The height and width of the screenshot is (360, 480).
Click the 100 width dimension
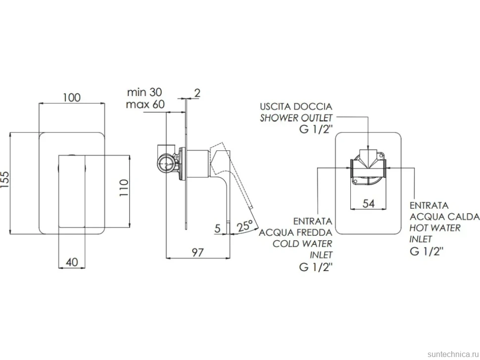pyautogui.click(x=72, y=97)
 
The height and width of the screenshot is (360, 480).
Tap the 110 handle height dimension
pyautogui.click(x=124, y=188)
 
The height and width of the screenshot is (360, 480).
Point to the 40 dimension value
pyautogui.click(x=72, y=262)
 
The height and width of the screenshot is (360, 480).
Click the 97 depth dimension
pyautogui.click(x=197, y=252)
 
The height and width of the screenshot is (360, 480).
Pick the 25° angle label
pyautogui.click(x=245, y=226)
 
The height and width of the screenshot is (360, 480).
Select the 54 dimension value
pyautogui.click(x=369, y=203)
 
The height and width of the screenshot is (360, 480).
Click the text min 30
pyautogui.click(x=144, y=92)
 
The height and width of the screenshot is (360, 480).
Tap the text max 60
pyautogui.click(x=145, y=104)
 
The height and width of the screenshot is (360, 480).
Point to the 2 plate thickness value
pyautogui.click(x=197, y=92)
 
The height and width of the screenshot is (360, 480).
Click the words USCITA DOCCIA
pyautogui.click(x=296, y=106)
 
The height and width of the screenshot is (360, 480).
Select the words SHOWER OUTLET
pyautogui.click(x=296, y=118)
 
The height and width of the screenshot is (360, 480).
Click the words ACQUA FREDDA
pyautogui.click(x=295, y=232)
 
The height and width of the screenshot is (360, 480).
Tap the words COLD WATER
pyautogui.click(x=302, y=244)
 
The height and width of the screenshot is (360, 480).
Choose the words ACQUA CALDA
pyautogui.click(x=444, y=217)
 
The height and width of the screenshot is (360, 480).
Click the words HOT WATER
pyautogui.click(x=435, y=228)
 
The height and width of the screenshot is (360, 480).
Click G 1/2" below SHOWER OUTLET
pyautogui.click(x=316, y=130)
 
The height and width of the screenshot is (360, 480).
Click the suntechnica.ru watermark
pyautogui.click(x=453, y=354)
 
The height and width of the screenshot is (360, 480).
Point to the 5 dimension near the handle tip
pyautogui.click(x=218, y=228)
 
